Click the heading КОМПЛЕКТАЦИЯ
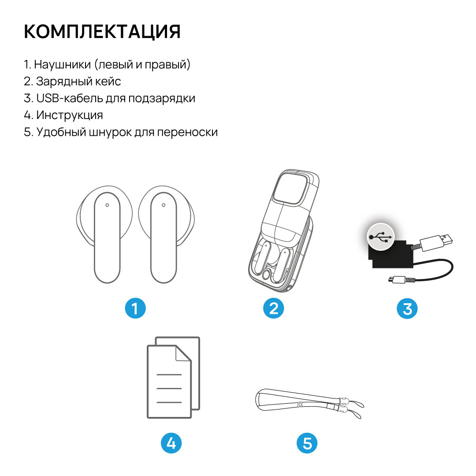click(x=102, y=31)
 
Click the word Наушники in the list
click(x=62, y=64)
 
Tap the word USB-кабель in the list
click(x=69, y=98)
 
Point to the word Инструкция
click(x=70, y=115)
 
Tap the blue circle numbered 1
click(x=135, y=309)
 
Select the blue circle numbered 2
click(x=274, y=309)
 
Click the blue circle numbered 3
click(x=407, y=309)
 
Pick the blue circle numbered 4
click(x=171, y=443)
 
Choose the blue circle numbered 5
click(x=307, y=443)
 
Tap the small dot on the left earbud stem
click(x=107, y=205)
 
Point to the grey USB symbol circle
click(x=381, y=237)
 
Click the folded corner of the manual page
click(x=183, y=353)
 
